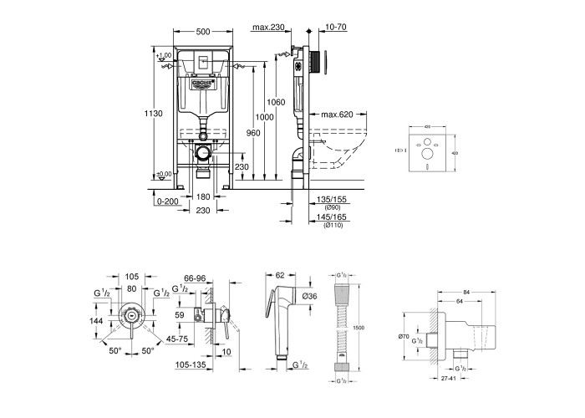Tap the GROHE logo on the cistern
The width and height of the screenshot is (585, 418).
(202, 83)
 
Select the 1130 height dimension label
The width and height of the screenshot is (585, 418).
(150, 112)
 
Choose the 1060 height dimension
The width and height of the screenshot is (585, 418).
(277, 102)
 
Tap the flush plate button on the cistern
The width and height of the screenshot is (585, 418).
(202, 62)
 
